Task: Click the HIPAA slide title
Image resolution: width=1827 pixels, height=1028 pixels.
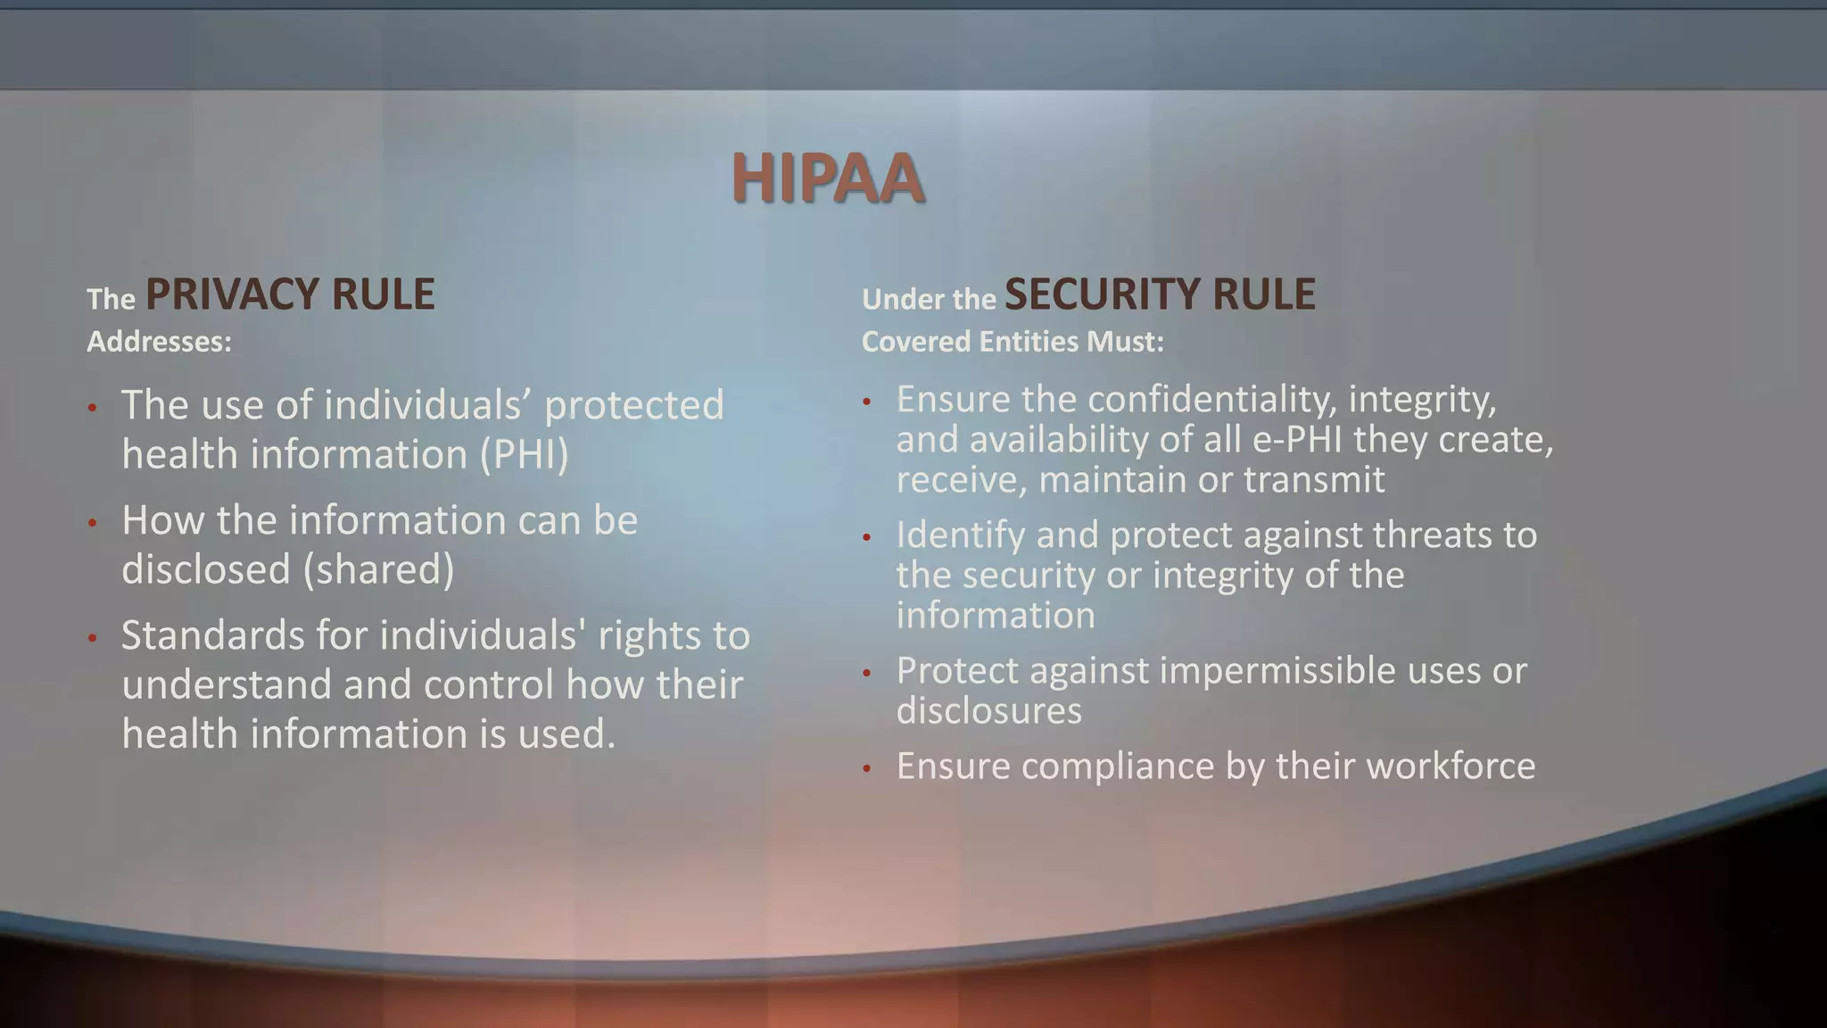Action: pos(827,178)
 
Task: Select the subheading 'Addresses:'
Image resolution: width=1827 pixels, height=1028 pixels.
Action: pos(159,342)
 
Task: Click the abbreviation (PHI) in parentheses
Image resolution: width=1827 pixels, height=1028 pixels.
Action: pos(524,454)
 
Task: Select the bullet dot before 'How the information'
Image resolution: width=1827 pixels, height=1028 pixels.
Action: pos(92,523)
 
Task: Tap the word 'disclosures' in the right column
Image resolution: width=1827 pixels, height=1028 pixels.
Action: pos(988,711)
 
